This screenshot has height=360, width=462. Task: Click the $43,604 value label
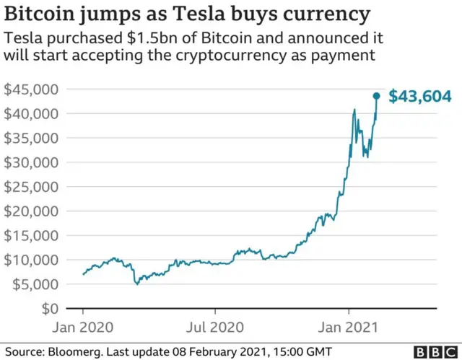tap(420, 96)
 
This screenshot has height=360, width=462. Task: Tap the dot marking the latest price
tap(376, 96)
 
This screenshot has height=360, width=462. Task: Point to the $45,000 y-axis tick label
tap(32, 89)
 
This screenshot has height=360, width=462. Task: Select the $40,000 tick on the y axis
tap(32, 114)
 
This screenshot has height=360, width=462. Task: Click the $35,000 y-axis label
tap(32, 138)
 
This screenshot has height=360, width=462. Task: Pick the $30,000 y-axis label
tap(32, 162)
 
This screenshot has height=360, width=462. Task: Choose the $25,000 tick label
tap(32, 187)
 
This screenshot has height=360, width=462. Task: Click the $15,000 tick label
tap(32, 235)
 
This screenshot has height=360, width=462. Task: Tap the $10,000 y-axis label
tap(32, 260)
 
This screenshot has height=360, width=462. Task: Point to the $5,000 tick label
tap(35, 284)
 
